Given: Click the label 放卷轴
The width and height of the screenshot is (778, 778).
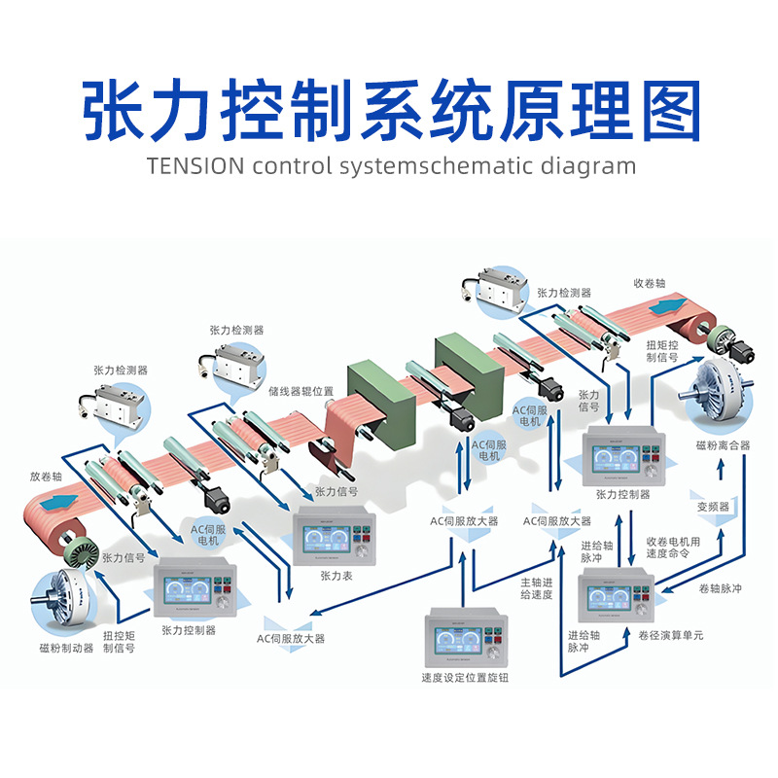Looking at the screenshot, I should (48, 477).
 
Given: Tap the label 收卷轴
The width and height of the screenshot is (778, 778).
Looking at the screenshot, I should (650, 283).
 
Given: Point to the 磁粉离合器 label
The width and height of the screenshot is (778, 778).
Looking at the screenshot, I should (723, 445).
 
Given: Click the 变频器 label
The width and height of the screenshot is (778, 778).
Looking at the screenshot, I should (713, 507).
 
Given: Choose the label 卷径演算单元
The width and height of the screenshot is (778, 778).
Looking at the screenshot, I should (671, 636).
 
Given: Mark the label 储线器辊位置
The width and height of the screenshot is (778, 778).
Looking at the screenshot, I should (301, 391).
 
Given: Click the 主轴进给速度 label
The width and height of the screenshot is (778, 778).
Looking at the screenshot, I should (536, 589).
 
